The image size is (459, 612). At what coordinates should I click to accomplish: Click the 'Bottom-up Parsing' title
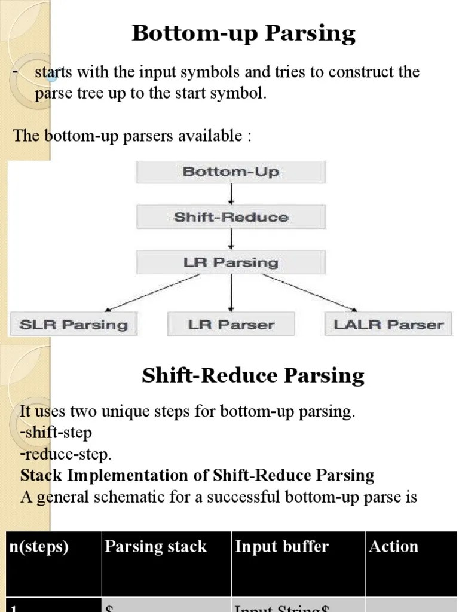pos(244,33)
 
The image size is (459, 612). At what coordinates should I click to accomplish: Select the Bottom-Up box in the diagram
pos(231,172)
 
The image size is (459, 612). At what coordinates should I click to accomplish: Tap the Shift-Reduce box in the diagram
pos(231,217)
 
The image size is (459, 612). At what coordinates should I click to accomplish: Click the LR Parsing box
pos(231,262)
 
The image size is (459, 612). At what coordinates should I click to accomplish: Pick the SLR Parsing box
pos(74,325)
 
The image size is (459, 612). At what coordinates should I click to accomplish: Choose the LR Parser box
pos(231,325)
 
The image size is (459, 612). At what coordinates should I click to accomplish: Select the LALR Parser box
pos(388,325)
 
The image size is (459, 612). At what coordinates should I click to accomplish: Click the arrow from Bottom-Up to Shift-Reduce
pos(231,194)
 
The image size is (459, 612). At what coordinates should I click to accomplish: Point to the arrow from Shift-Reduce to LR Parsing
pos(231,240)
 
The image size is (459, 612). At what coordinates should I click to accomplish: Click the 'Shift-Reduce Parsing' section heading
pos(253,375)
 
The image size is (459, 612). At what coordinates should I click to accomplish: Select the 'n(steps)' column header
pos(38,546)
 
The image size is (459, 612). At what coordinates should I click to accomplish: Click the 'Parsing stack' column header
pos(155,546)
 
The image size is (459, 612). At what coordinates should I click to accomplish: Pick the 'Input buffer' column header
pos(281,546)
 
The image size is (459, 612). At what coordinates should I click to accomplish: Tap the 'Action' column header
pos(393,546)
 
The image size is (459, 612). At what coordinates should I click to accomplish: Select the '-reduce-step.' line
pos(66,454)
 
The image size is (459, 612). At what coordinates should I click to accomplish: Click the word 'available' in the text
pos(212,136)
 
